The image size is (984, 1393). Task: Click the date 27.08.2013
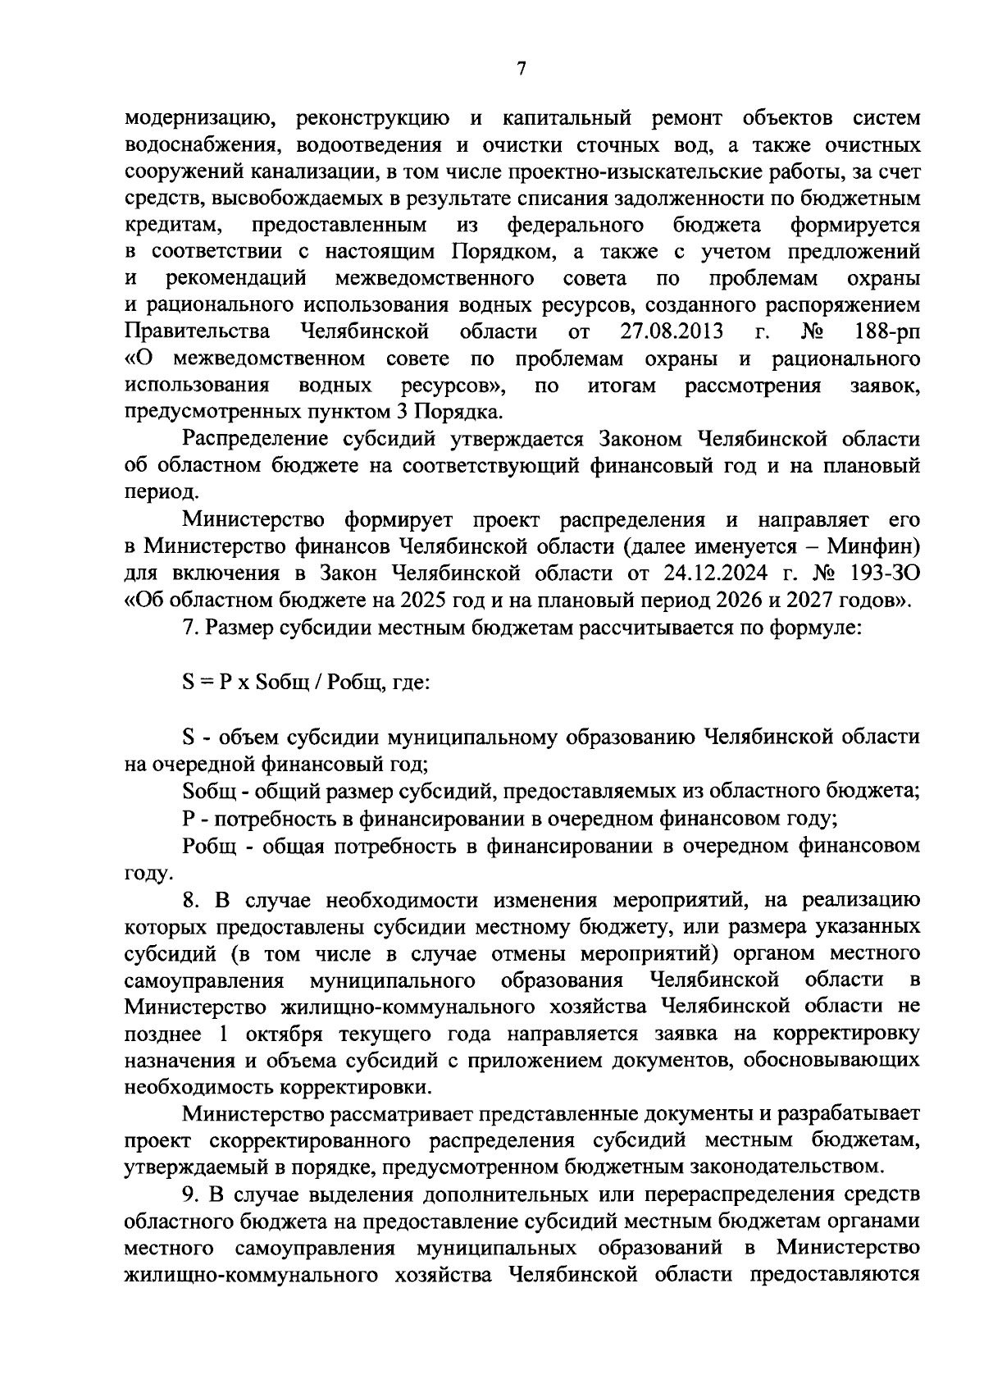pyautogui.click(x=672, y=331)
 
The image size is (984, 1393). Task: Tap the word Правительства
pyautogui.click(x=197, y=331)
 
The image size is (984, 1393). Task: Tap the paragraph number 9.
pyautogui.click(x=190, y=1192)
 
